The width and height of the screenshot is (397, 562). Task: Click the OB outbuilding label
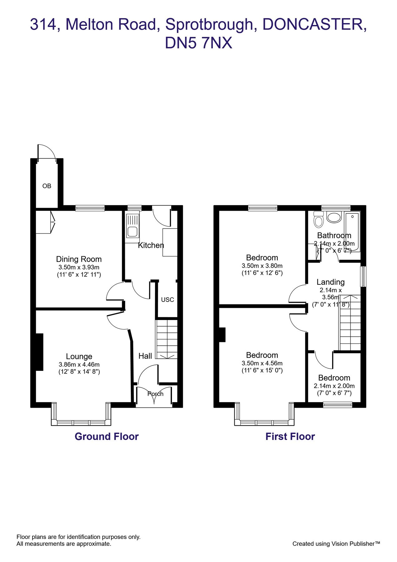47,186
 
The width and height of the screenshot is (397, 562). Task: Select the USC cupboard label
167,300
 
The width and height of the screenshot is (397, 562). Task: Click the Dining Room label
79,259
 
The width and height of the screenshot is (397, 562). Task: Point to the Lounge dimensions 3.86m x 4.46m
79,364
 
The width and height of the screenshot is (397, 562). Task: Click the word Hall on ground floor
145,356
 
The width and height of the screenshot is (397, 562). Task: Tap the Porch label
155,394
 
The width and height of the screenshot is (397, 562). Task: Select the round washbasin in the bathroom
334,218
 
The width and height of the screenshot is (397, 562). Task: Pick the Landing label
331,282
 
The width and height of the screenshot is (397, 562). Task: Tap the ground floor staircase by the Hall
167,339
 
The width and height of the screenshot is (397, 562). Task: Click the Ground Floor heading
106,436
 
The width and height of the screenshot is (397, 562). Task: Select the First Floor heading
290,436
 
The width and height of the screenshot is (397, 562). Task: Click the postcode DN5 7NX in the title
198,43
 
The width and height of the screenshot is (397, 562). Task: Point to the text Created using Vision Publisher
336,544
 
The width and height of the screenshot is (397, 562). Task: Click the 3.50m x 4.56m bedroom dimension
262,363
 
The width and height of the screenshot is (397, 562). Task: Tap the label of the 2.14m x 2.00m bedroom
334,378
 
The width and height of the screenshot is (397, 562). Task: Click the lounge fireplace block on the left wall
39,352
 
